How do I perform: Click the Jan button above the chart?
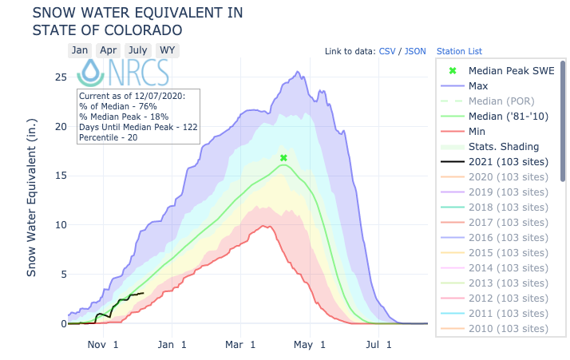pos(79,50)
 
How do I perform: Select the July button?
pos(137,50)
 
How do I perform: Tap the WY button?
pos(167,50)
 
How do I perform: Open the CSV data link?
pos(386,51)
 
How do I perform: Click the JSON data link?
pos(415,51)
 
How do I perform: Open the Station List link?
pos(458,51)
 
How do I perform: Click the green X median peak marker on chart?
pos(283,158)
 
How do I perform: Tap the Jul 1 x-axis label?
pos(378,345)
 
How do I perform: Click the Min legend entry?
pos(478,131)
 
